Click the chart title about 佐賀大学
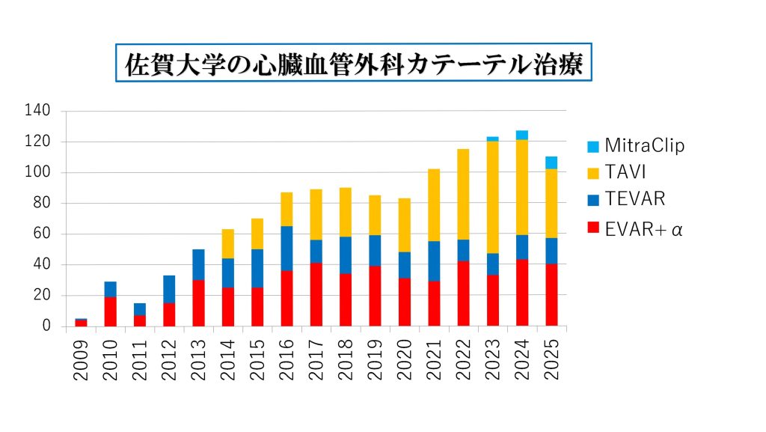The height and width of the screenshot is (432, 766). (x=354, y=63)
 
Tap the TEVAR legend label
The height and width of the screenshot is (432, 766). (x=634, y=199)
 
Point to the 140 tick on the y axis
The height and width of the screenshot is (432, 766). (x=37, y=111)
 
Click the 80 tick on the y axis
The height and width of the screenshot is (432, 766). (x=41, y=203)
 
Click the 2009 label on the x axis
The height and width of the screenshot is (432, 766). (x=81, y=360)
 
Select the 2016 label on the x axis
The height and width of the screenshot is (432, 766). (x=287, y=360)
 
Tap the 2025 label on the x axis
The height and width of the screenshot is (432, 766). (x=551, y=360)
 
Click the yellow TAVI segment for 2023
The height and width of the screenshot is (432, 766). (x=493, y=197)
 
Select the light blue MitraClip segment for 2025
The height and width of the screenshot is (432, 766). (x=551, y=162)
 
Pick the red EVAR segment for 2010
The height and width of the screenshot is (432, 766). (x=110, y=311)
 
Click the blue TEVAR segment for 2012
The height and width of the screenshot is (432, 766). (x=169, y=289)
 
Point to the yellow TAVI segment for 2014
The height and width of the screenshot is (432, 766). (x=228, y=244)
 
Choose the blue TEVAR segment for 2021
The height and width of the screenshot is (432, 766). (x=434, y=261)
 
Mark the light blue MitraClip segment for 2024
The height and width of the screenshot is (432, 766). (x=522, y=135)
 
